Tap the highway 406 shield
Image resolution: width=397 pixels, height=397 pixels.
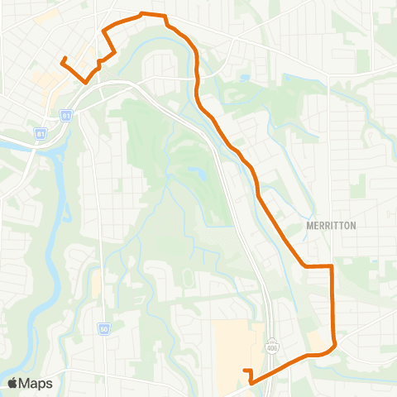tap(271, 343)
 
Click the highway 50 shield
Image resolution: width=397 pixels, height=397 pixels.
tap(104, 329)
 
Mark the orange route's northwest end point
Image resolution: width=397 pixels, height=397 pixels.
tap(63, 58)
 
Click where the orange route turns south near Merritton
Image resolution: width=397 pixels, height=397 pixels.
tap(332, 266)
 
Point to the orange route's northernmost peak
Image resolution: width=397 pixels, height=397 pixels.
tap(142, 13)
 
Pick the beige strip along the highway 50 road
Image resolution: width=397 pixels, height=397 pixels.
tap(97, 285)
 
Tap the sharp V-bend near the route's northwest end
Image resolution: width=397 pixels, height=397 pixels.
tap(84, 81)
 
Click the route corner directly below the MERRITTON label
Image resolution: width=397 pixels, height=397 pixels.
tap(307, 266)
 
